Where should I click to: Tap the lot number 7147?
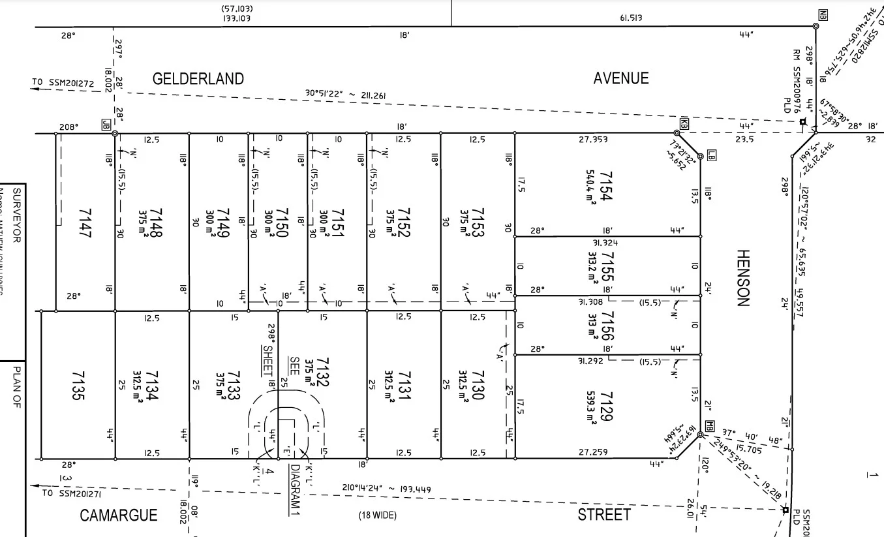[x=85, y=222]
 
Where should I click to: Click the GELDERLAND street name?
[x=198, y=79]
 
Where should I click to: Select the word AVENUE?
[x=620, y=78]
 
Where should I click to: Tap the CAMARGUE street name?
[x=118, y=515]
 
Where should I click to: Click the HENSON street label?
[x=744, y=277]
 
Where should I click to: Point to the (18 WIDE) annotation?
[x=377, y=515]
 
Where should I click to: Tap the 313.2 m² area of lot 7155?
[x=592, y=265]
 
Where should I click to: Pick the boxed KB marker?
[x=684, y=123]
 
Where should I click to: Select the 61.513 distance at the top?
[x=631, y=18]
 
